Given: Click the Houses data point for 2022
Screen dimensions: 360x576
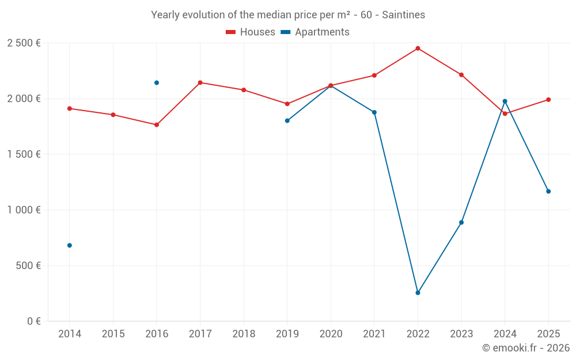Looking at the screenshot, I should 418,48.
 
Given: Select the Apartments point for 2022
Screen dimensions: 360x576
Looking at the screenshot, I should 418,293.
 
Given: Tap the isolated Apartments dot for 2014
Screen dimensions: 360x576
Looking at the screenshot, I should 70,245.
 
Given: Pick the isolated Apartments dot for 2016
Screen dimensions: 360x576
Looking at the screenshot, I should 157,83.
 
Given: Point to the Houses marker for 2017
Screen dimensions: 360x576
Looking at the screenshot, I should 200,82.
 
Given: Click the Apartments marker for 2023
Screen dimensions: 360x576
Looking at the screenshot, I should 461,222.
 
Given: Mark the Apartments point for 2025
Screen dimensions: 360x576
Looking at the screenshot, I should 548,191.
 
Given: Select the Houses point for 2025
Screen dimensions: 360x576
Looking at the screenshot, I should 548,100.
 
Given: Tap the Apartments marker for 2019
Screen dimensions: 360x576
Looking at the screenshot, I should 287,120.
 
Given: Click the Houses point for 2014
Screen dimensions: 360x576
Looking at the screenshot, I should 70,108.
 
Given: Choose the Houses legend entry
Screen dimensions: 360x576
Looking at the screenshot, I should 251,32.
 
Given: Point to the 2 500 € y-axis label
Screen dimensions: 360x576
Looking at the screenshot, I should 24,43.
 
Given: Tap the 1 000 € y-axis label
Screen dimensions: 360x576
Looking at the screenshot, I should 24,210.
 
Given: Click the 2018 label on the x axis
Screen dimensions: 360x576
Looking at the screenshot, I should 244,334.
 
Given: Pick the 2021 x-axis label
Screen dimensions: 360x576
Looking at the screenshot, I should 374,334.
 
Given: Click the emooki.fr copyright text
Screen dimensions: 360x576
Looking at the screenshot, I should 526,348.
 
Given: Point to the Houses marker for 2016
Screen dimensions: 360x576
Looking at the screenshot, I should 157,124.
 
